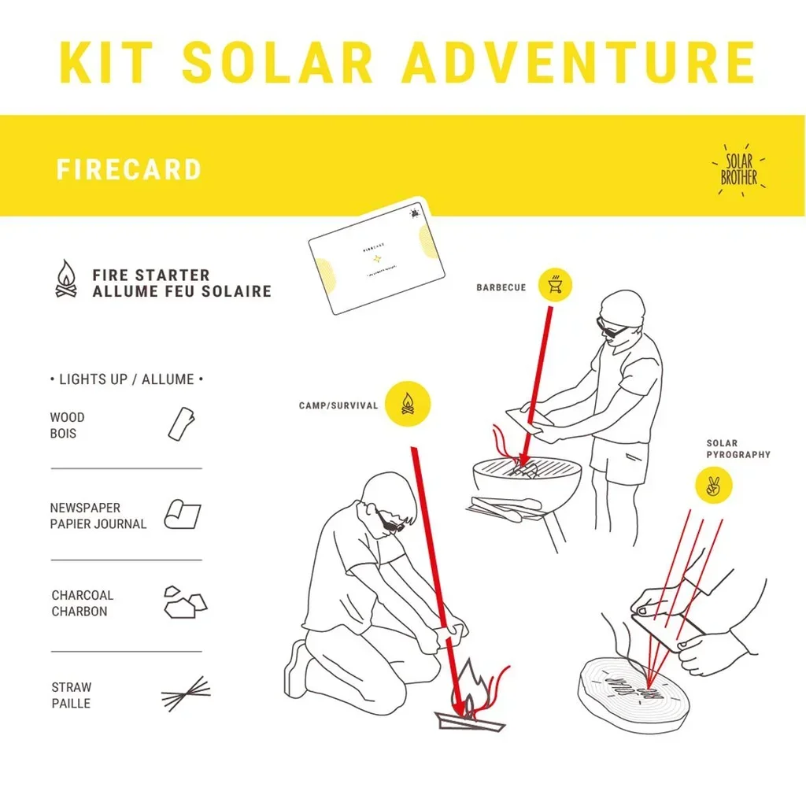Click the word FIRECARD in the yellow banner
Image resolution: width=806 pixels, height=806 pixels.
point(128,170)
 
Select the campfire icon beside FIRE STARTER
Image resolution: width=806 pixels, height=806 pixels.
point(66,280)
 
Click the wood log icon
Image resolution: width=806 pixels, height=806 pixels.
point(181,423)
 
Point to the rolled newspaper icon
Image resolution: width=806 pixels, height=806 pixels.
point(182,515)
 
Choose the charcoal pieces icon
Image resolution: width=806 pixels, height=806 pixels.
point(184,602)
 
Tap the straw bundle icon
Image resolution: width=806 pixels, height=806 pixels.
point(186,693)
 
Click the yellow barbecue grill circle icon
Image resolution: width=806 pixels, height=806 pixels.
point(555,285)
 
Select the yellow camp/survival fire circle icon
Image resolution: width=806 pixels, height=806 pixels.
point(408,405)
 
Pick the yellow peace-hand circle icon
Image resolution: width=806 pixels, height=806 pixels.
point(714,486)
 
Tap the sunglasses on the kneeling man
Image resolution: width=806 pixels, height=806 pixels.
point(390,522)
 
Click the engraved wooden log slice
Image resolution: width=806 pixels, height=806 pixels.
point(633,693)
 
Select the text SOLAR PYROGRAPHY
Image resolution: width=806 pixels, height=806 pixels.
point(738,449)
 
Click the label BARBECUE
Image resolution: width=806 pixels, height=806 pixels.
point(501,288)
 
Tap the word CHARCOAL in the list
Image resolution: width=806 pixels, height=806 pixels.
point(83,595)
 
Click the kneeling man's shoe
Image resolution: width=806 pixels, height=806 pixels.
point(297,669)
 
